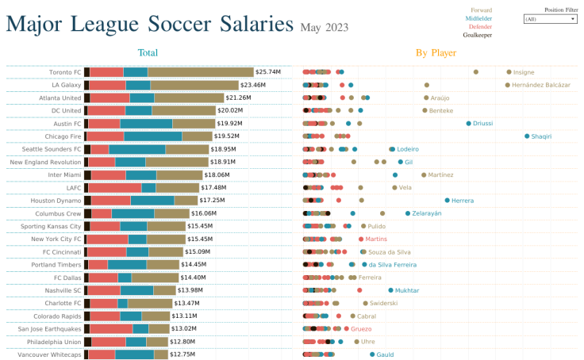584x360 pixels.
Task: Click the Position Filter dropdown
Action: click(x=550, y=18)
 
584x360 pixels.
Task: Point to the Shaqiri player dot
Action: click(x=527, y=136)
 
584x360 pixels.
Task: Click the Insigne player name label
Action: click(x=524, y=72)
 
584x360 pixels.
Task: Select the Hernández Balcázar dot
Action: click(x=509, y=85)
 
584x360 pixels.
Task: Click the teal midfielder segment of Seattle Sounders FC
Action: click(x=136, y=149)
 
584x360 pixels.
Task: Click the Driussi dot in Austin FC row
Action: click(x=469, y=124)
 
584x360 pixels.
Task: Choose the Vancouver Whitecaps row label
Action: click(x=49, y=354)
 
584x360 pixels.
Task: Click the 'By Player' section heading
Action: click(x=436, y=53)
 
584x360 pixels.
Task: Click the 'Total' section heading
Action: click(x=148, y=53)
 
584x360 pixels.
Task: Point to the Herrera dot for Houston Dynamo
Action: click(x=448, y=201)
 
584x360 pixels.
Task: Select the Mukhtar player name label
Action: click(x=407, y=290)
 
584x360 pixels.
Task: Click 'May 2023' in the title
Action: click(x=325, y=28)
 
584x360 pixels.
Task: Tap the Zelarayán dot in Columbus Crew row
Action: click(x=407, y=213)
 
